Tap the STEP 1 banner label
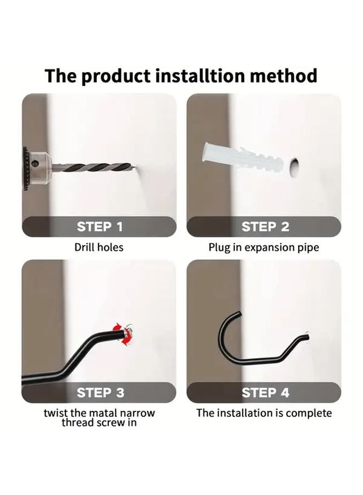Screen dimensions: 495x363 click(100, 227)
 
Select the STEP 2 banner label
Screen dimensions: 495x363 click(265, 227)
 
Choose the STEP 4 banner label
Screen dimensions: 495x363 click(265, 393)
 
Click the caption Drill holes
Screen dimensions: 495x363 click(99, 248)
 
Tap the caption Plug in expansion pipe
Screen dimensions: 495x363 click(263, 248)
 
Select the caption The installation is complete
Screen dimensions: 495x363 click(264, 413)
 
